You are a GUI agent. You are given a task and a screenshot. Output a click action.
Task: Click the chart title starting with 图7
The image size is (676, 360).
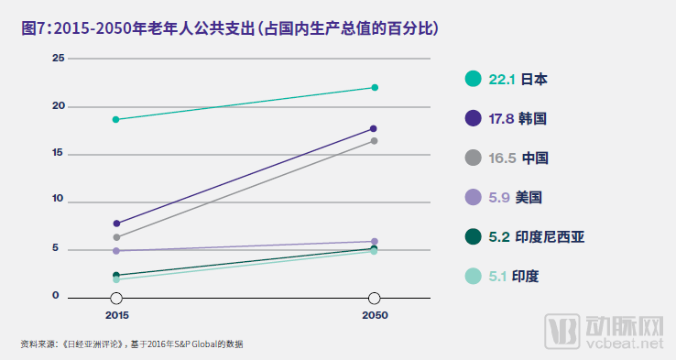pos(230,28)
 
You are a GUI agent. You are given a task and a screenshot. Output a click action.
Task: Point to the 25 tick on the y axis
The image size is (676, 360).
pos(59,59)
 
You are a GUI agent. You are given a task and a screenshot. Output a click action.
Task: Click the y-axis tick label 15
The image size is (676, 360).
pos(59,152)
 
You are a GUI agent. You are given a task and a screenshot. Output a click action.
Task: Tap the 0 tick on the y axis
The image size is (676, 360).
pos(56,296)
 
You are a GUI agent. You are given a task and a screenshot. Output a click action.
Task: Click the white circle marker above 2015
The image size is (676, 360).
pos(116,299)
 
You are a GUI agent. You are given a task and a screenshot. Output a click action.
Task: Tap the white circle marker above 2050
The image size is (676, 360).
pos(374,299)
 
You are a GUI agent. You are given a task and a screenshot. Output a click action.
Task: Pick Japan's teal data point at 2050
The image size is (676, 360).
pos(374,88)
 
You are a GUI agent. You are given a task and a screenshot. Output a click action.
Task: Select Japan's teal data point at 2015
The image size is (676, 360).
pos(116,119)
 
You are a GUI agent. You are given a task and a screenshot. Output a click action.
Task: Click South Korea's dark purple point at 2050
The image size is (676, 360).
pos(374,128)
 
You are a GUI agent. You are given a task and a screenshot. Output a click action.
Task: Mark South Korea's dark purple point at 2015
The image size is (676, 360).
pos(116,224)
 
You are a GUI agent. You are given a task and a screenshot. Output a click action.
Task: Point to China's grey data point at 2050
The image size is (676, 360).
pos(374,141)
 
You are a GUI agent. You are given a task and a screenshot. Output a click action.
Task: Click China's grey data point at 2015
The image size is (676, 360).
pos(116,237)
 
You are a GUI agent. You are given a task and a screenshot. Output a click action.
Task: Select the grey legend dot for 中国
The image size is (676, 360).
pos(474,158)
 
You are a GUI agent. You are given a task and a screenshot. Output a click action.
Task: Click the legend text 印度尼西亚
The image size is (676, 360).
pos(552,236)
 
